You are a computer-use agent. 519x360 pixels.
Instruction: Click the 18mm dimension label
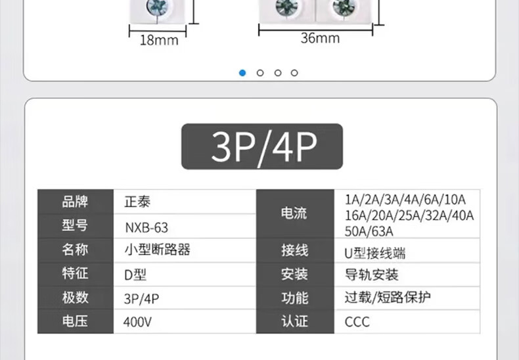click(x=159, y=40)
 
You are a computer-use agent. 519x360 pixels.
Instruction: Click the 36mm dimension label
click(x=320, y=38)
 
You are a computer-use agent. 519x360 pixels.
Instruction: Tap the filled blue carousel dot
click(x=243, y=73)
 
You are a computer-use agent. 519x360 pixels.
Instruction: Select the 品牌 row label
click(x=75, y=202)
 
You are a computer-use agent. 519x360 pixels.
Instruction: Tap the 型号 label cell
click(x=75, y=226)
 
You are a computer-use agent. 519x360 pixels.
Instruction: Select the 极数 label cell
click(x=75, y=298)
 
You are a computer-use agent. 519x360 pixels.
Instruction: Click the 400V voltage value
click(x=137, y=322)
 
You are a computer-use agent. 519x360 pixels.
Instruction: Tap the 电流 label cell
click(x=294, y=214)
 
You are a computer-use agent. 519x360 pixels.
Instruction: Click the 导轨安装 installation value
click(x=371, y=275)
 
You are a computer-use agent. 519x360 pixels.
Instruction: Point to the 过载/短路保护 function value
click(x=388, y=298)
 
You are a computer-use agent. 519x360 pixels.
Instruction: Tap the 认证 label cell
click(x=294, y=322)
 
